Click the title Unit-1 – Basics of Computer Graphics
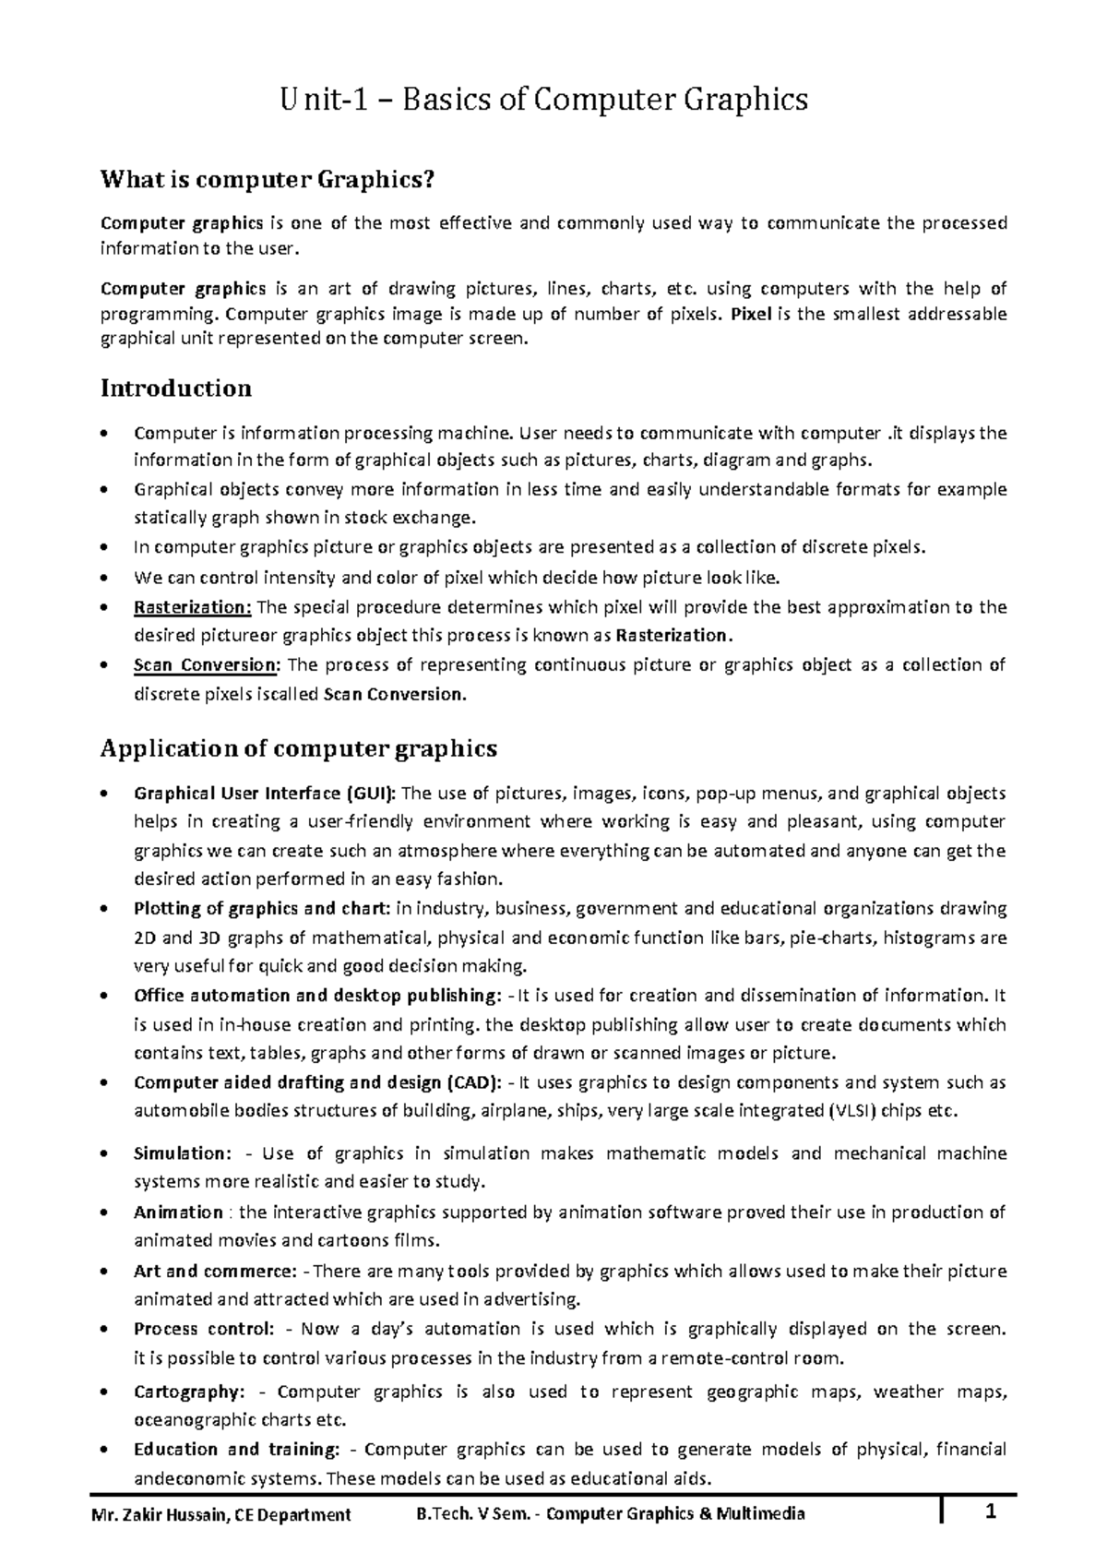544,99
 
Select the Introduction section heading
175,388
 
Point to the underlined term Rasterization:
192,607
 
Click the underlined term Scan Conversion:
205,664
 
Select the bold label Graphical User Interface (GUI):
266,793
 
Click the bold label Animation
178,1212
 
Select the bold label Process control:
204,1329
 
